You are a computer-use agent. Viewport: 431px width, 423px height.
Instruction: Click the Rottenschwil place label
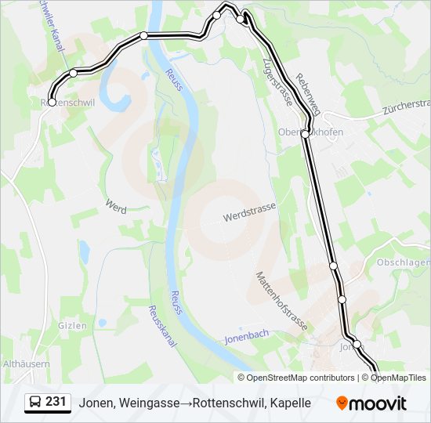[x=68, y=103]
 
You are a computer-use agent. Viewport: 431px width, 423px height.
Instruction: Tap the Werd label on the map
[x=115, y=205]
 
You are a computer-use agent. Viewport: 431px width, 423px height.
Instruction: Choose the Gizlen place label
[x=71, y=325]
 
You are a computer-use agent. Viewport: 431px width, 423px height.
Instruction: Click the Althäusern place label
[x=27, y=364]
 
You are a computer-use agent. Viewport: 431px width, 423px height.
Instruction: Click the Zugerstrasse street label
[x=277, y=83]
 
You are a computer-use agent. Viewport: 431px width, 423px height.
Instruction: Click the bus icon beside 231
[x=35, y=403]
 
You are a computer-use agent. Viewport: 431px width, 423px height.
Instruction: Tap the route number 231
[x=56, y=402]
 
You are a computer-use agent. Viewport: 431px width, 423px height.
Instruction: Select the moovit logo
[x=371, y=403]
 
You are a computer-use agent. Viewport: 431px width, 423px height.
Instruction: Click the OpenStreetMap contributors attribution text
[x=301, y=378]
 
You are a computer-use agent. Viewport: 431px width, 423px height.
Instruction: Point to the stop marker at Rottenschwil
[x=52, y=102]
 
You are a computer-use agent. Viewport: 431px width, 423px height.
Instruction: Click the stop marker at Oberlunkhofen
[x=305, y=134]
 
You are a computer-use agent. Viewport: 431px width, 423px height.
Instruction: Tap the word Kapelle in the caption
[x=291, y=403]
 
